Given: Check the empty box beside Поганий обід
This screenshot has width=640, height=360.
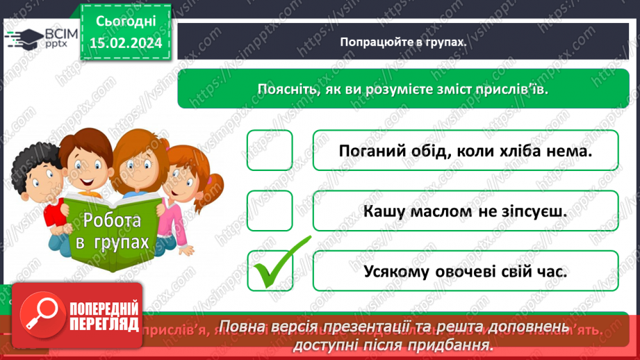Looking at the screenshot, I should tap(270, 150).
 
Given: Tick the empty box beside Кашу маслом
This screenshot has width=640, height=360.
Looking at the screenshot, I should tap(270, 211).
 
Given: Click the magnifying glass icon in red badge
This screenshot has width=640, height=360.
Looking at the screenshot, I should tap(39, 317).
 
